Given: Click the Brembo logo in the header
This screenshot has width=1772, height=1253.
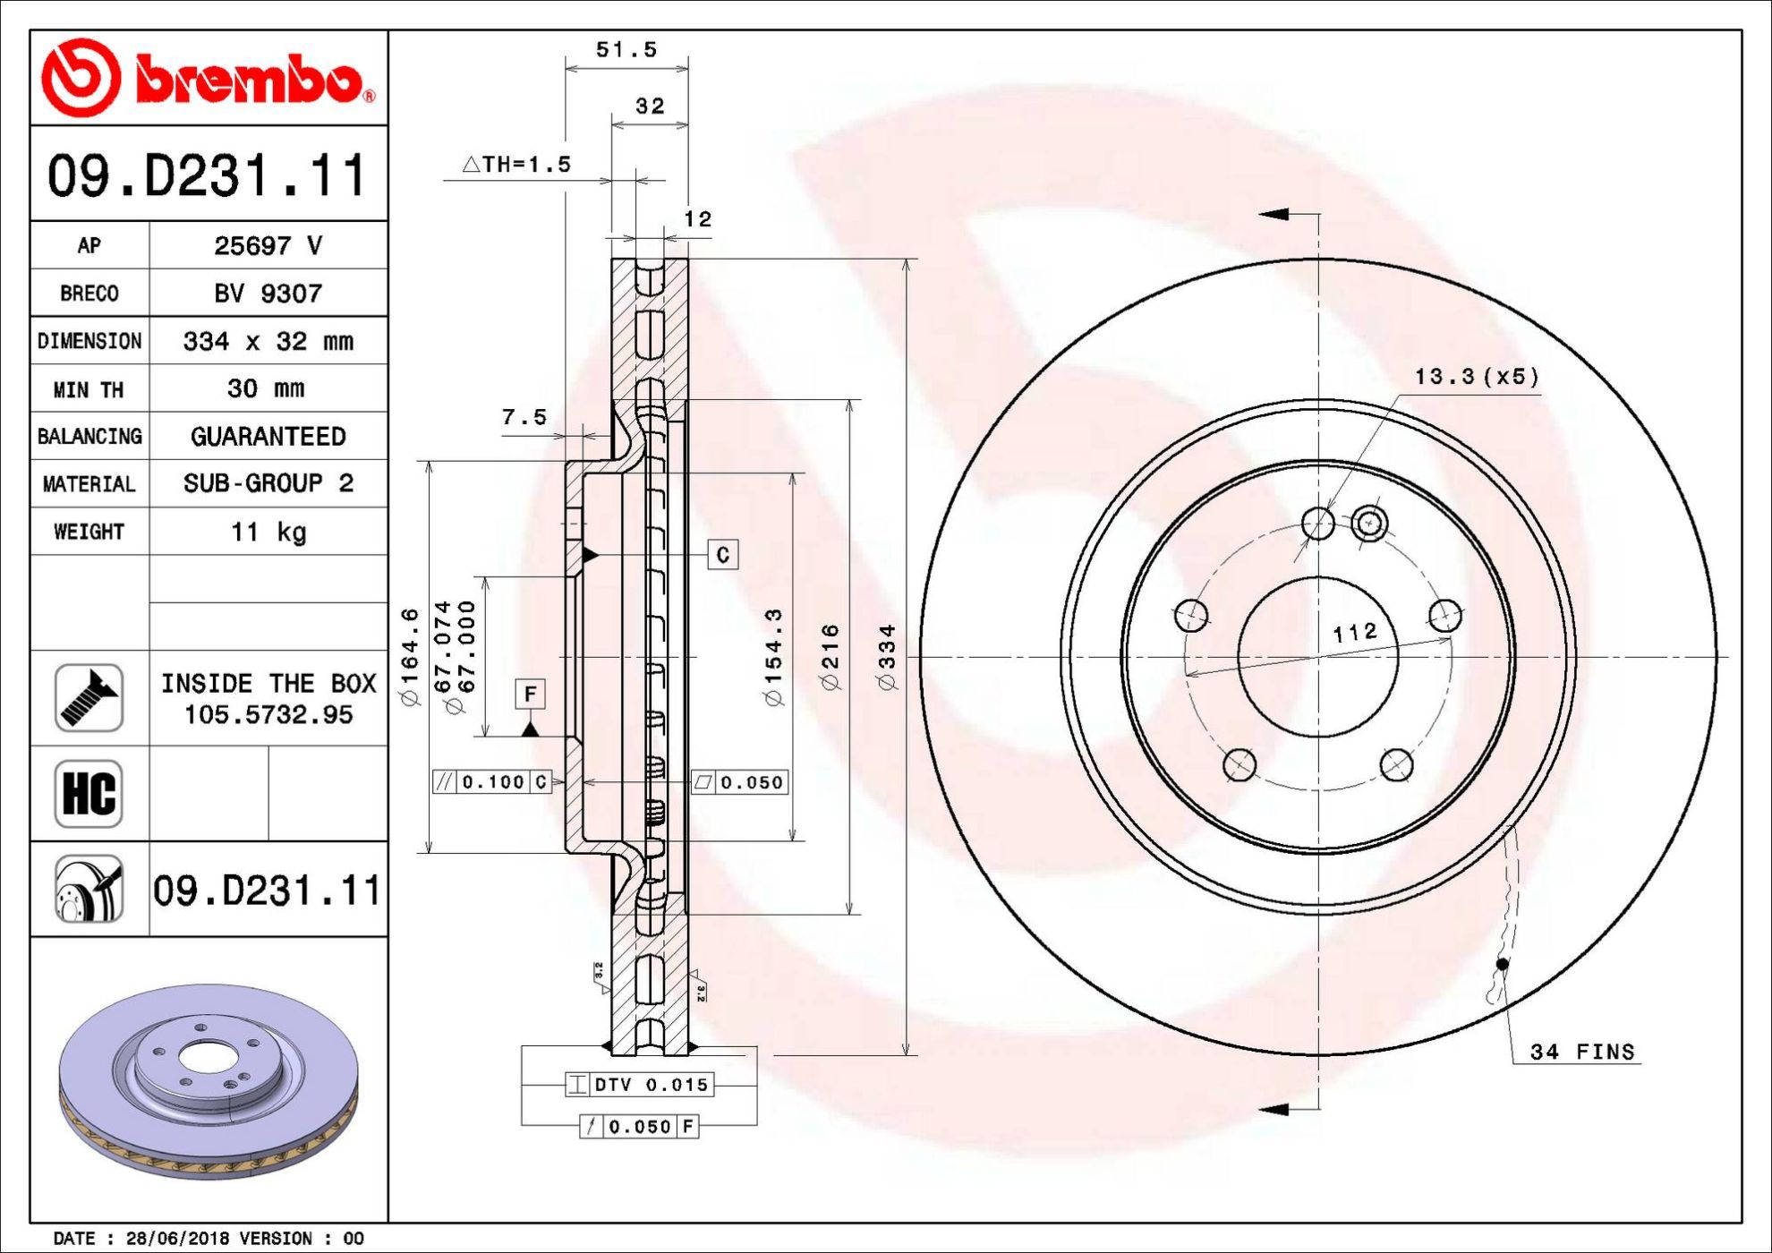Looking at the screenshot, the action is point(209,78).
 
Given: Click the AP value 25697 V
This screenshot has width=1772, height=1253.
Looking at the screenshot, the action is point(268,245).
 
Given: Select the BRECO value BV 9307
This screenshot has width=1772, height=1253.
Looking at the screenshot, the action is point(268,293).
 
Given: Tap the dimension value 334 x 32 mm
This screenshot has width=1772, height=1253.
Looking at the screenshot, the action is point(268,341).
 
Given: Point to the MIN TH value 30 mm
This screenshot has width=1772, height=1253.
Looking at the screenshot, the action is point(266,388).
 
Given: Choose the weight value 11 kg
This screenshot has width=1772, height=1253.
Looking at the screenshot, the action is point(268,532).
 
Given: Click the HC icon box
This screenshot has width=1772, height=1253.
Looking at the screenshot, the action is point(89,794).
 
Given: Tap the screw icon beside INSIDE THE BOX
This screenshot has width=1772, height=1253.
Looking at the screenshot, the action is point(89,698).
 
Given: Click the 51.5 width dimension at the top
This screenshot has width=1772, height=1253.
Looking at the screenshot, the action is point(626,50).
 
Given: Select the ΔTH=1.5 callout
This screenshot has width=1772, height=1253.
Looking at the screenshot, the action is point(516,164).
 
